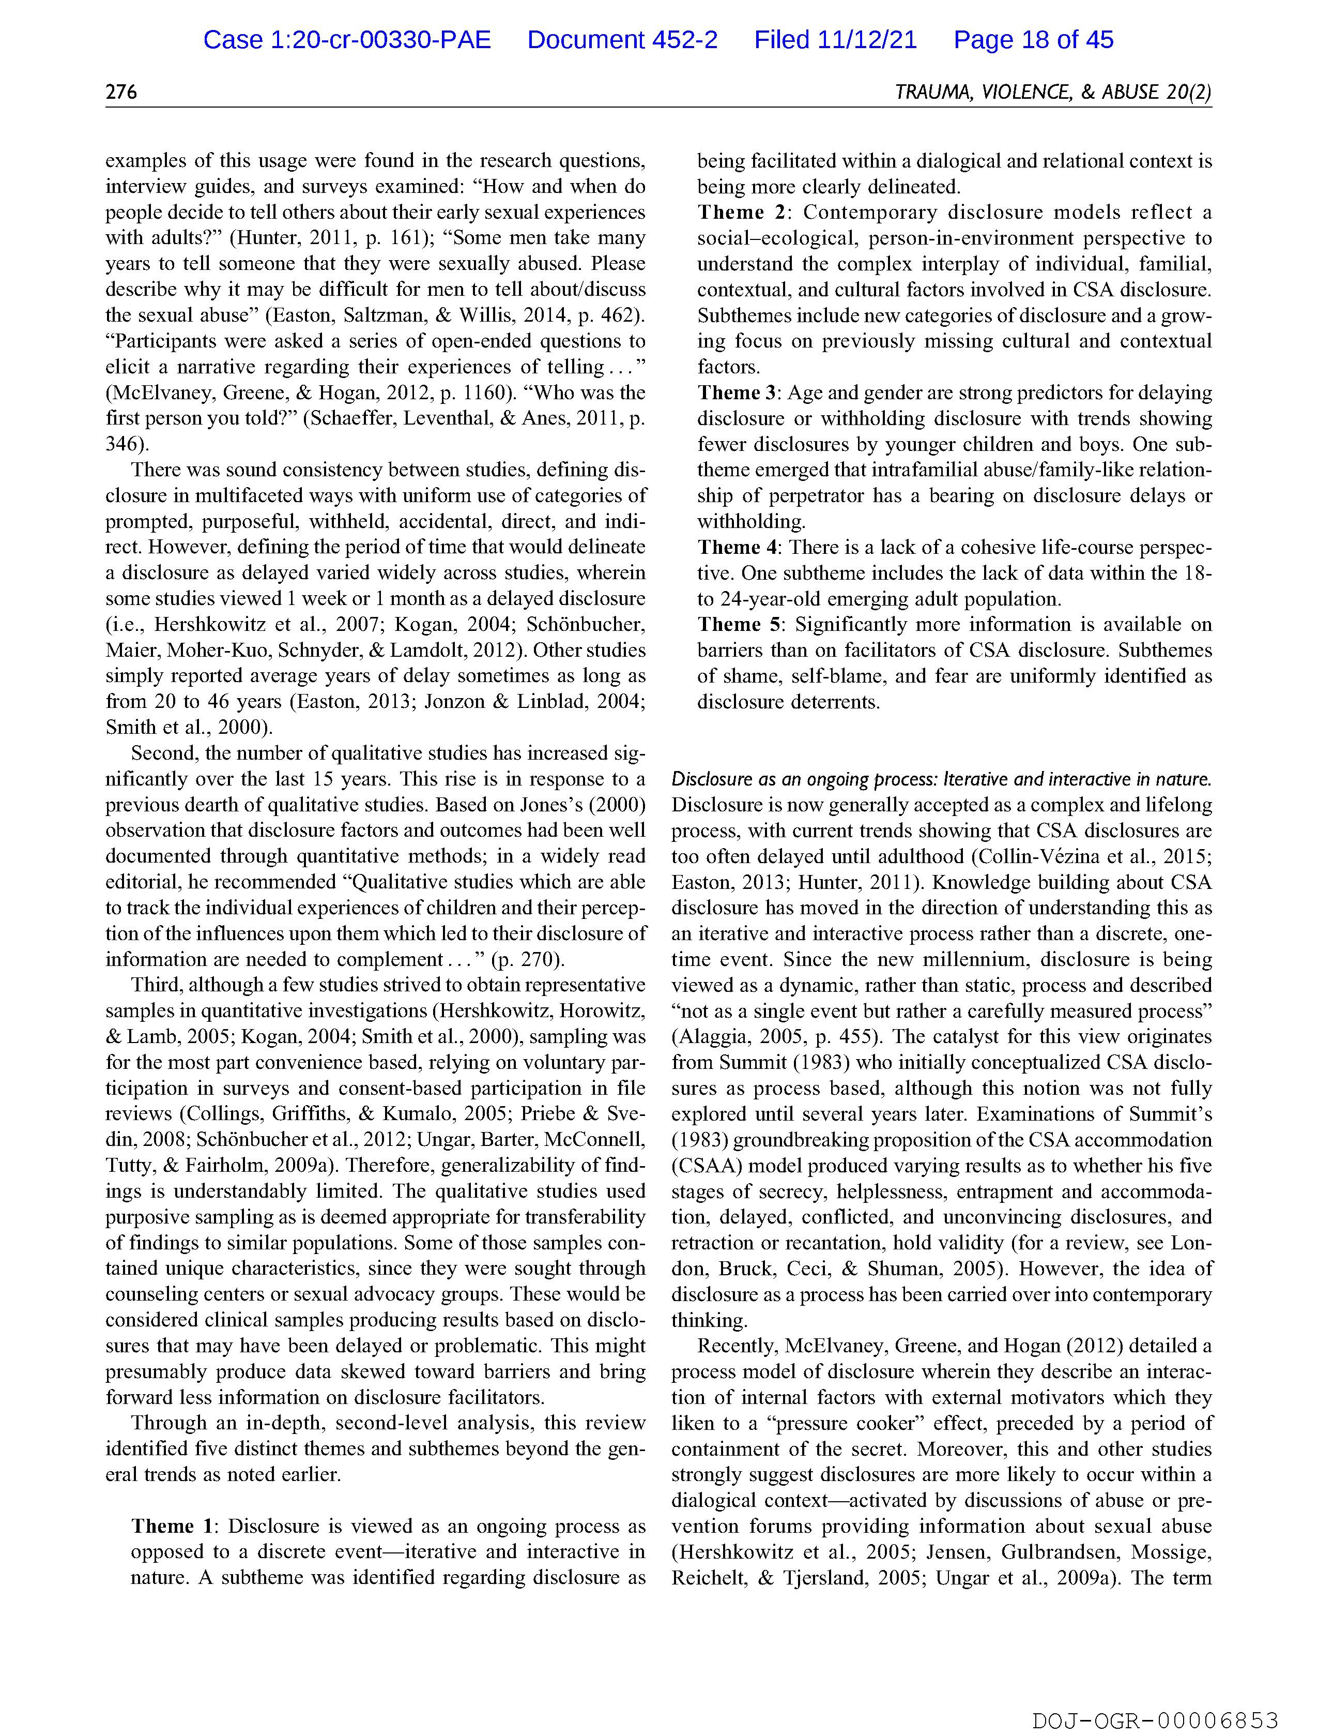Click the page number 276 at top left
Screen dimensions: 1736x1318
coord(121,93)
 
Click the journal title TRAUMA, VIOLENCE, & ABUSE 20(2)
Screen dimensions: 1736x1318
coord(1053,93)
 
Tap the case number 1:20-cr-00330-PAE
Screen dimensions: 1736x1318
coord(347,40)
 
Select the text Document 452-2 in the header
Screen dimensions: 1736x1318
coord(622,40)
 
